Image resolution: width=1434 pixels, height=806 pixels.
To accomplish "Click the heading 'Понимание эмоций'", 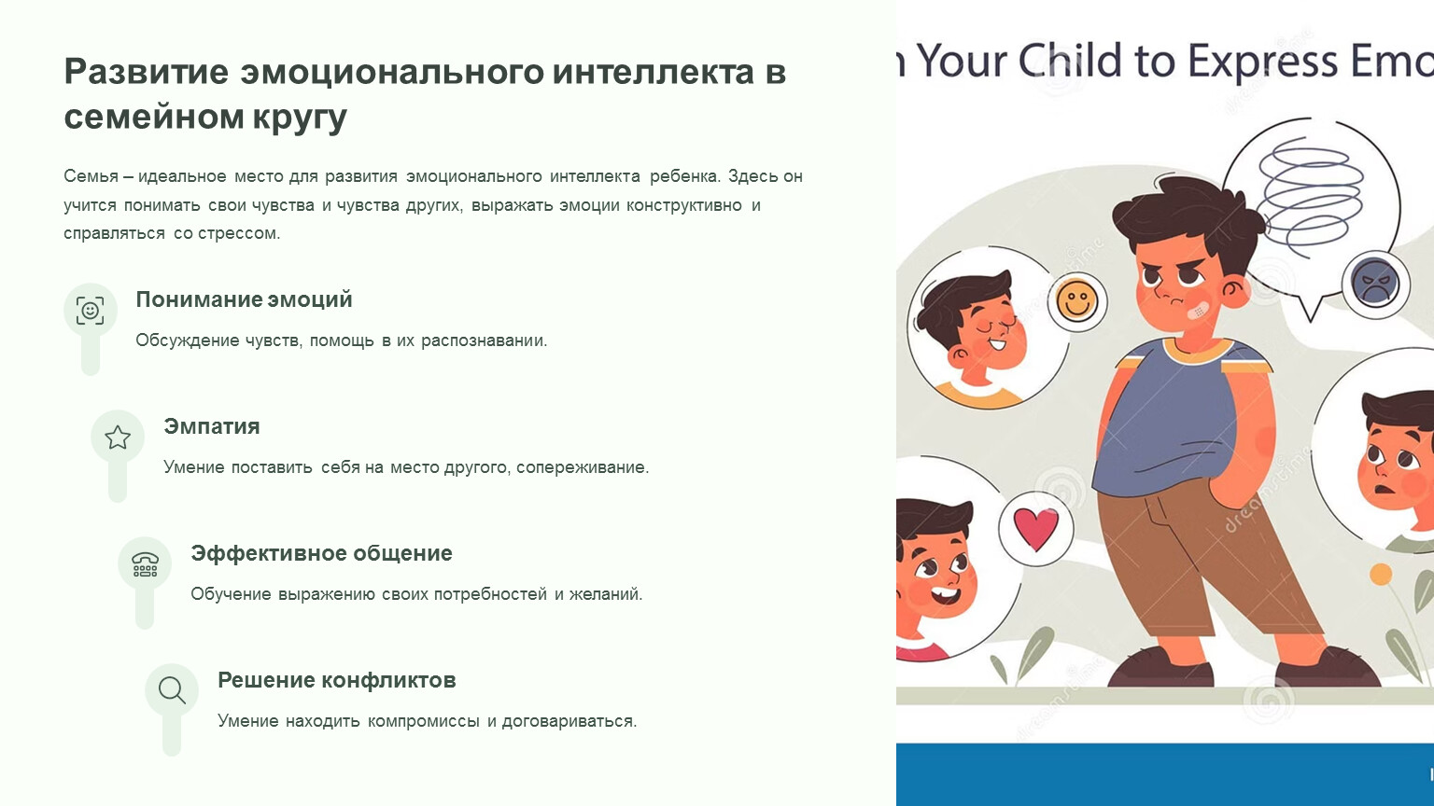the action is click(x=244, y=299).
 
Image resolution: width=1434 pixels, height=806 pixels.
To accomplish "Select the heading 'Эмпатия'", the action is click(x=211, y=426).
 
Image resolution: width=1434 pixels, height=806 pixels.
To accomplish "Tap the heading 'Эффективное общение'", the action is click(x=321, y=552).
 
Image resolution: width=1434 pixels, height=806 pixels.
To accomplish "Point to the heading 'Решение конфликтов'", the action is click(x=337, y=679).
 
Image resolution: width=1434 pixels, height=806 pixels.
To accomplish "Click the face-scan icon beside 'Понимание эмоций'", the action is click(x=91, y=311).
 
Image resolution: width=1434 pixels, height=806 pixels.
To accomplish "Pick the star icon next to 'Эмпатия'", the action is click(x=118, y=438).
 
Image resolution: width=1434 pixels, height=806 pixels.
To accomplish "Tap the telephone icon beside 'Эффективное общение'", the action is click(x=145, y=564).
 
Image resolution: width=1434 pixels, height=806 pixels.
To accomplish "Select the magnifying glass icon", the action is click(x=172, y=691).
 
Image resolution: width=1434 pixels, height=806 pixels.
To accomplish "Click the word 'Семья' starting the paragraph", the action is click(x=91, y=176).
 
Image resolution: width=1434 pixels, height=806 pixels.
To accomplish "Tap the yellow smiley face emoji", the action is click(x=1077, y=301).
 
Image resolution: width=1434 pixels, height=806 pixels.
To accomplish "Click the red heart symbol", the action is click(x=1035, y=528).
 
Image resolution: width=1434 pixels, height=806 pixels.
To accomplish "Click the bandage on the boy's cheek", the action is click(x=1198, y=310).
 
